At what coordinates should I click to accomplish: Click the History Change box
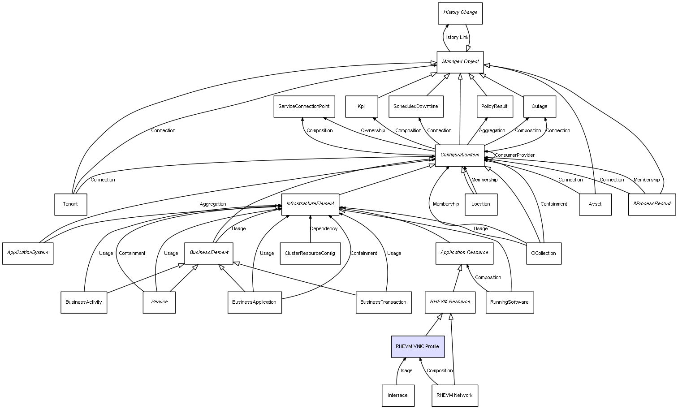coord(460,13)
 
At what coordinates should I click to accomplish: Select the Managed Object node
coord(460,62)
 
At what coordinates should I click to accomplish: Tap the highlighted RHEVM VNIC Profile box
coord(418,347)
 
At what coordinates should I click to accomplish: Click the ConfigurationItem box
coord(460,155)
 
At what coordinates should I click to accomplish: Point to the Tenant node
coord(70,204)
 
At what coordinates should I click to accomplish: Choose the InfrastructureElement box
coord(310,204)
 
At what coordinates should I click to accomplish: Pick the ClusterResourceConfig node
coord(310,254)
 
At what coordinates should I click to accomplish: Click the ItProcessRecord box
coord(652,204)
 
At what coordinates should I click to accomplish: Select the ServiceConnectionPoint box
coord(304,107)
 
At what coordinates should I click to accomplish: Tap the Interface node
coord(398,396)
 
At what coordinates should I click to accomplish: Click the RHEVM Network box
coord(454,396)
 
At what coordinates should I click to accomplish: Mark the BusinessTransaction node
coord(383,302)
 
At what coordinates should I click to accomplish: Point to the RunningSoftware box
coord(510,302)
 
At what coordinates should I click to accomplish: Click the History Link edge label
coord(456,38)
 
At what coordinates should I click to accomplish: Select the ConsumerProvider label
coord(514,155)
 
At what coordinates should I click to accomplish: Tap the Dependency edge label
coord(324,229)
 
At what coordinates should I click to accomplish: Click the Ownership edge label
coord(373,131)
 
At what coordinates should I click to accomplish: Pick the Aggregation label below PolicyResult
coord(492,131)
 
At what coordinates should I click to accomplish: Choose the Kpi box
coord(361,107)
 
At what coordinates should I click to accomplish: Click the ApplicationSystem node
coord(28,253)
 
